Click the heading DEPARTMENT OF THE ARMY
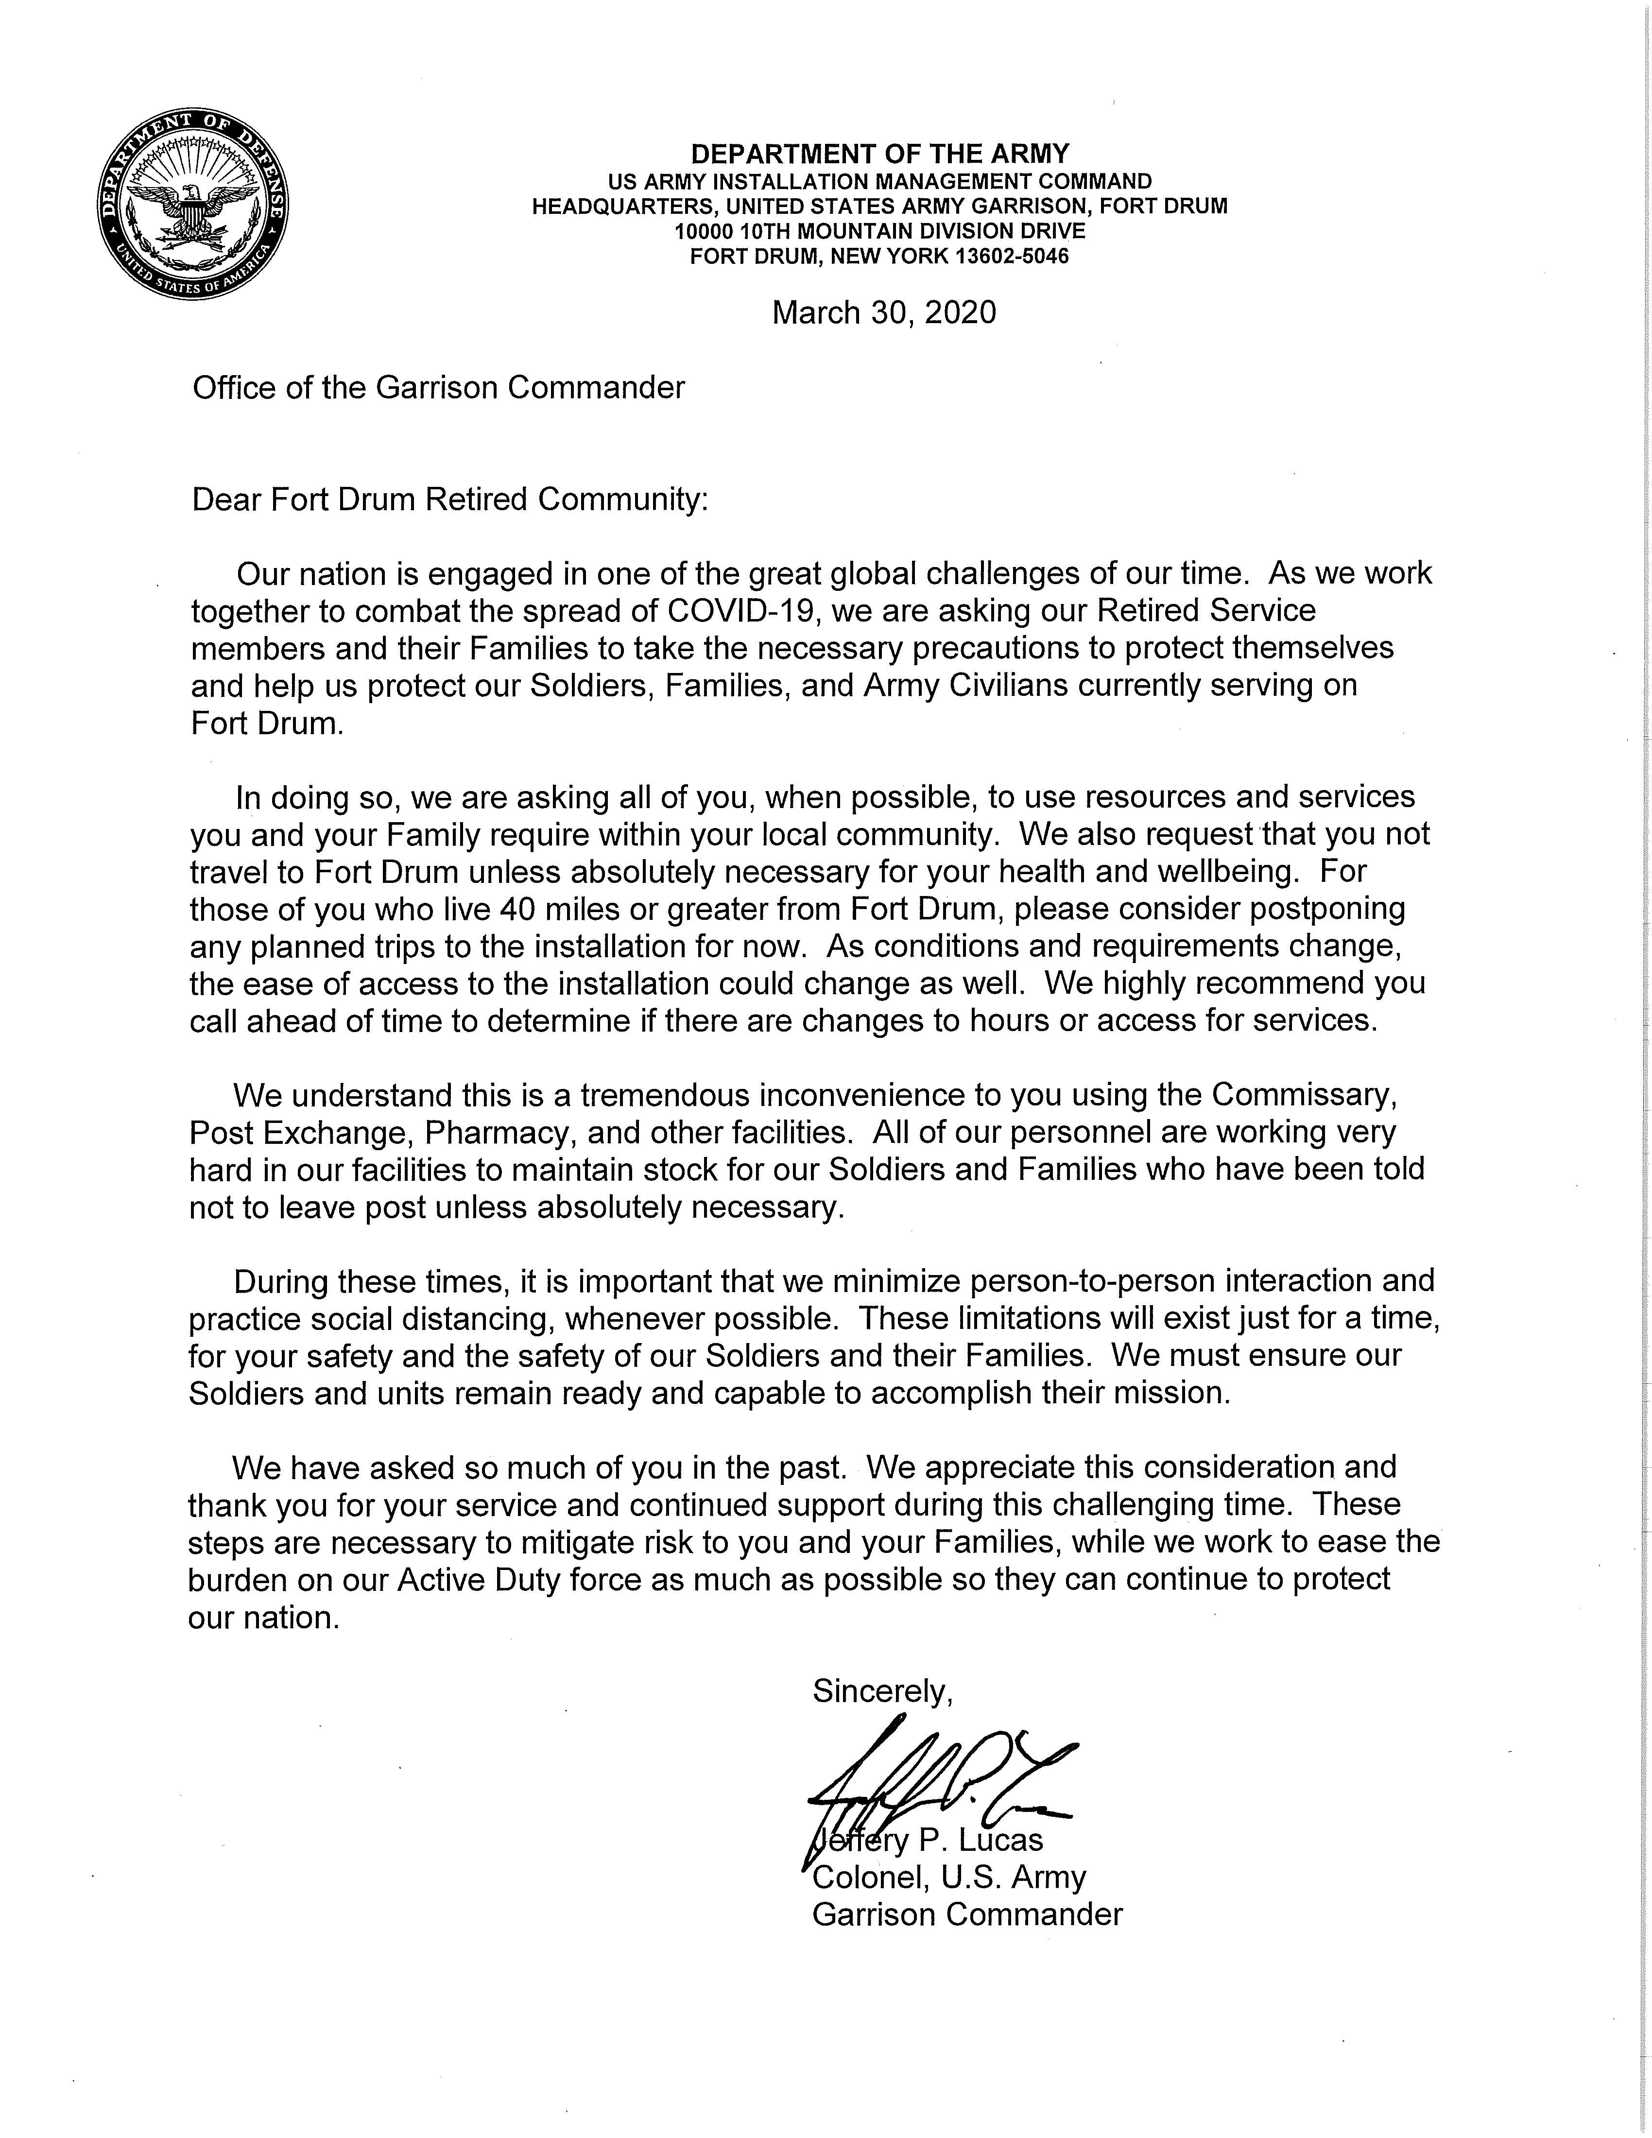880,154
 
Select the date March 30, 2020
884,312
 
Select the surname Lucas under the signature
1000,1841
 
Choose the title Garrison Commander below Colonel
967,1915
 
